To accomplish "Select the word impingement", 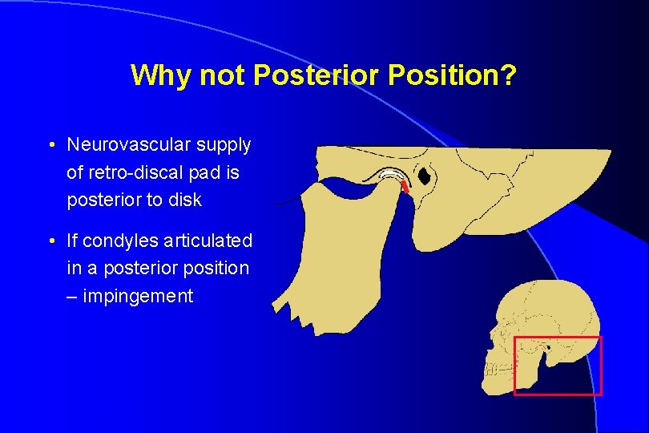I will point(138,296).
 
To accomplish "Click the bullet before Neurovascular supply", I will point(51,146).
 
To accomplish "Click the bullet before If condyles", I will point(51,241).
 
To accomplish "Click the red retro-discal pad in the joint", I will point(405,187).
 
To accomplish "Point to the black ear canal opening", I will point(425,176).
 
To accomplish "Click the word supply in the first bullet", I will point(228,145).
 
